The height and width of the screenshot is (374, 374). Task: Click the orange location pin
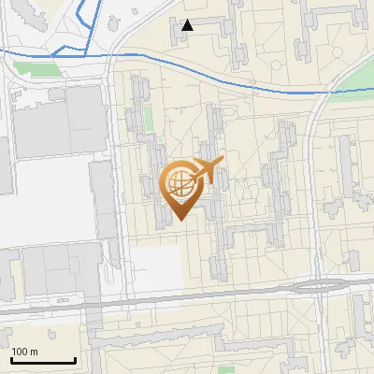tap(180, 188)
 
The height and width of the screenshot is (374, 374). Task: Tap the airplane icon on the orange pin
tap(208, 170)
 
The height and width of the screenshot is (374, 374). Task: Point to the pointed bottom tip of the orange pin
tap(180, 220)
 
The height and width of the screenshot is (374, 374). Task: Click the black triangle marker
tap(188, 25)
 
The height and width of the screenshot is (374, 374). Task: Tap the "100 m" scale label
tap(24, 352)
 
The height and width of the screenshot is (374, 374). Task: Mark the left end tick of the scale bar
tap(10, 358)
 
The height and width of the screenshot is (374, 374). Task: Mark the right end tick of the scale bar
tap(76, 358)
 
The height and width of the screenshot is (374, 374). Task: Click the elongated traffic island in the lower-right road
tap(318, 286)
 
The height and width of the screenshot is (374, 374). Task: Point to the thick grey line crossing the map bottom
tap(187, 300)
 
